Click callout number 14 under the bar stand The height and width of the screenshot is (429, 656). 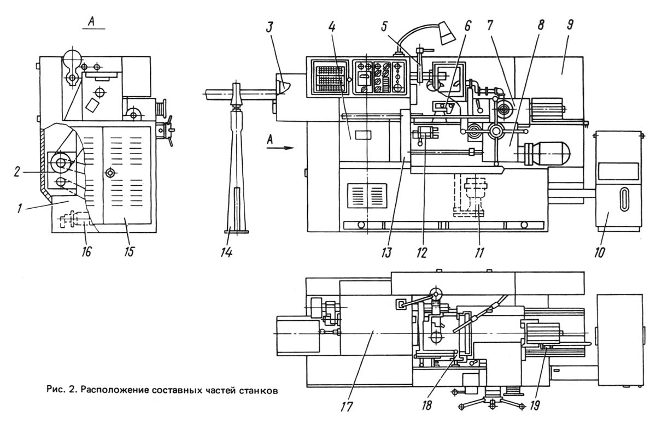pos(227,251)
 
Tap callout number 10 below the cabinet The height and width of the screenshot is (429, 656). pos(599,251)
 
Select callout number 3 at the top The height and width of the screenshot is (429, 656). pos(270,28)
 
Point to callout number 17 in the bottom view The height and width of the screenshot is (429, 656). pos(347,407)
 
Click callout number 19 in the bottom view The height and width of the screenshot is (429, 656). pos(535,405)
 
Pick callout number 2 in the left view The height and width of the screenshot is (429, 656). pos(17,172)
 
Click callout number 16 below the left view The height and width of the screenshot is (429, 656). pos(87,251)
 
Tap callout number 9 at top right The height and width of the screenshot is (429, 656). pos(569,25)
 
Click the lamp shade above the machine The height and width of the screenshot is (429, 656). pos(448,33)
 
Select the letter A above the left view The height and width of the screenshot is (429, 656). pos(92,22)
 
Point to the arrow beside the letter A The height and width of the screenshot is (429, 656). pos(280,148)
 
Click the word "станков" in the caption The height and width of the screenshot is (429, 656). pos(257,390)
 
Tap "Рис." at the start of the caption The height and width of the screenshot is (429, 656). pos(56,390)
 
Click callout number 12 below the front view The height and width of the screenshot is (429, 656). pos(421,251)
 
